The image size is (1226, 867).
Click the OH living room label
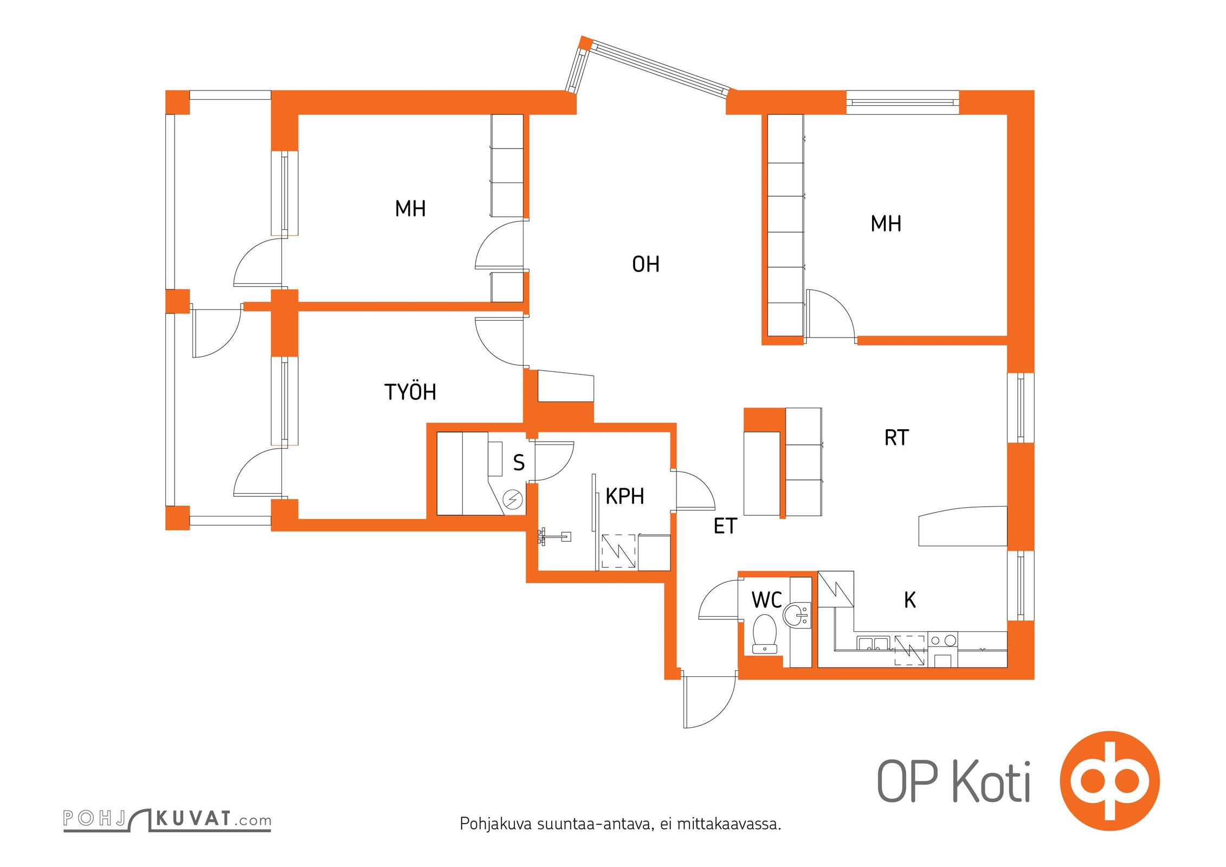pos(646,264)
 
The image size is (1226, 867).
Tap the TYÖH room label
pos(410,392)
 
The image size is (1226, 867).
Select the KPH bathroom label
pos(625,496)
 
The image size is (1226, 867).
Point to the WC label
pos(766,600)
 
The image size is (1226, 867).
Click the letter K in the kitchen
pos(910,600)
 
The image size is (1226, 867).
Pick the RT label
pos(896,438)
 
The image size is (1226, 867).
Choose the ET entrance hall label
pos(725,526)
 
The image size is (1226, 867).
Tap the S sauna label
pos(519,463)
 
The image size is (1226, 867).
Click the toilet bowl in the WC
pos(765,633)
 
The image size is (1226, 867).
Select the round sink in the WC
pos(797,615)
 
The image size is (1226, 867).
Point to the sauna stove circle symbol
pos(512,499)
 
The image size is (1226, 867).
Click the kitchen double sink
pos(873,643)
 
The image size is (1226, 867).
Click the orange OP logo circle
pos(1109,781)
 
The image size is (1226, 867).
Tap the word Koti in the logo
pos(991,782)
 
